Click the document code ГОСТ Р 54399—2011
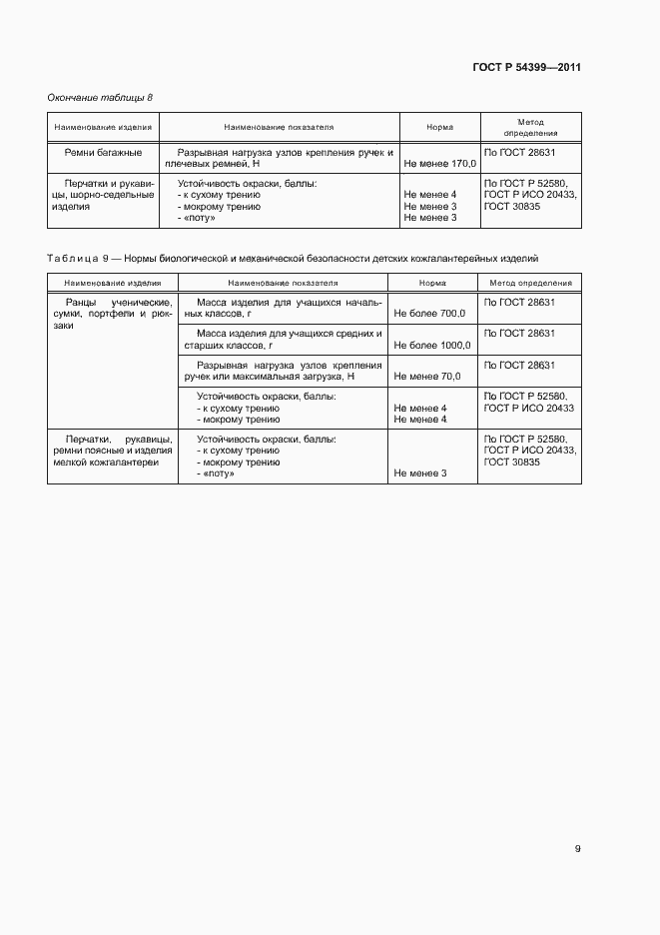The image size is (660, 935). [526, 68]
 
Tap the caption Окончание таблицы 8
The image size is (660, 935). [100, 97]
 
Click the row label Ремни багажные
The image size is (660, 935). [103, 152]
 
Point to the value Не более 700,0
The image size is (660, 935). [429, 314]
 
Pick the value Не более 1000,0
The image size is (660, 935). [432, 346]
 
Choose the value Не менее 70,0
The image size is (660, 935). [427, 377]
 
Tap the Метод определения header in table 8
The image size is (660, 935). [530, 126]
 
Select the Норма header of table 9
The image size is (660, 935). [433, 284]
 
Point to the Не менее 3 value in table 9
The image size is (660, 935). [420, 472]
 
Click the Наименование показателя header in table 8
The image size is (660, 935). [279, 127]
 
